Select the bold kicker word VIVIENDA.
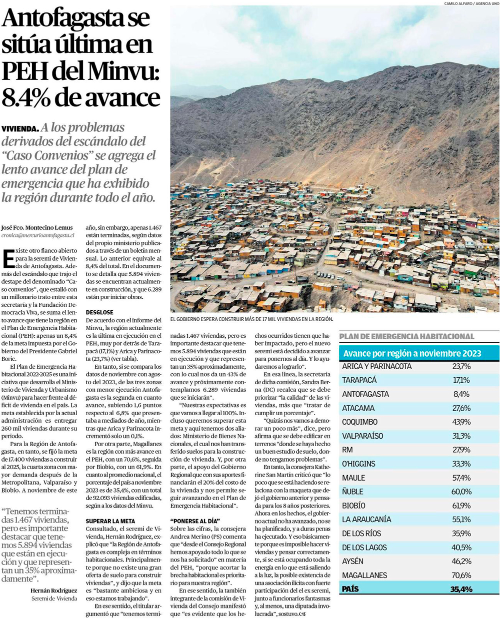(x=19, y=129)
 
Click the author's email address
(x=38, y=234)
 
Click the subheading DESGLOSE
(x=99, y=312)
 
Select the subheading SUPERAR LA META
(x=110, y=521)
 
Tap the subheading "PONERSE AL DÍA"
(x=194, y=521)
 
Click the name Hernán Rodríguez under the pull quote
(x=54, y=591)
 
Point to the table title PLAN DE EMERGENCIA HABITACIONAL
(x=406, y=337)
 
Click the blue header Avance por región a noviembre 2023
(x=411, y=353)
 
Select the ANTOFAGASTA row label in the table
(x=365, y=394)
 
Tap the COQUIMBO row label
(x=360, y=422)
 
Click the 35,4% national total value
(x=461, y=590)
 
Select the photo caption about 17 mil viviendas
(x=251, y=319)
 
